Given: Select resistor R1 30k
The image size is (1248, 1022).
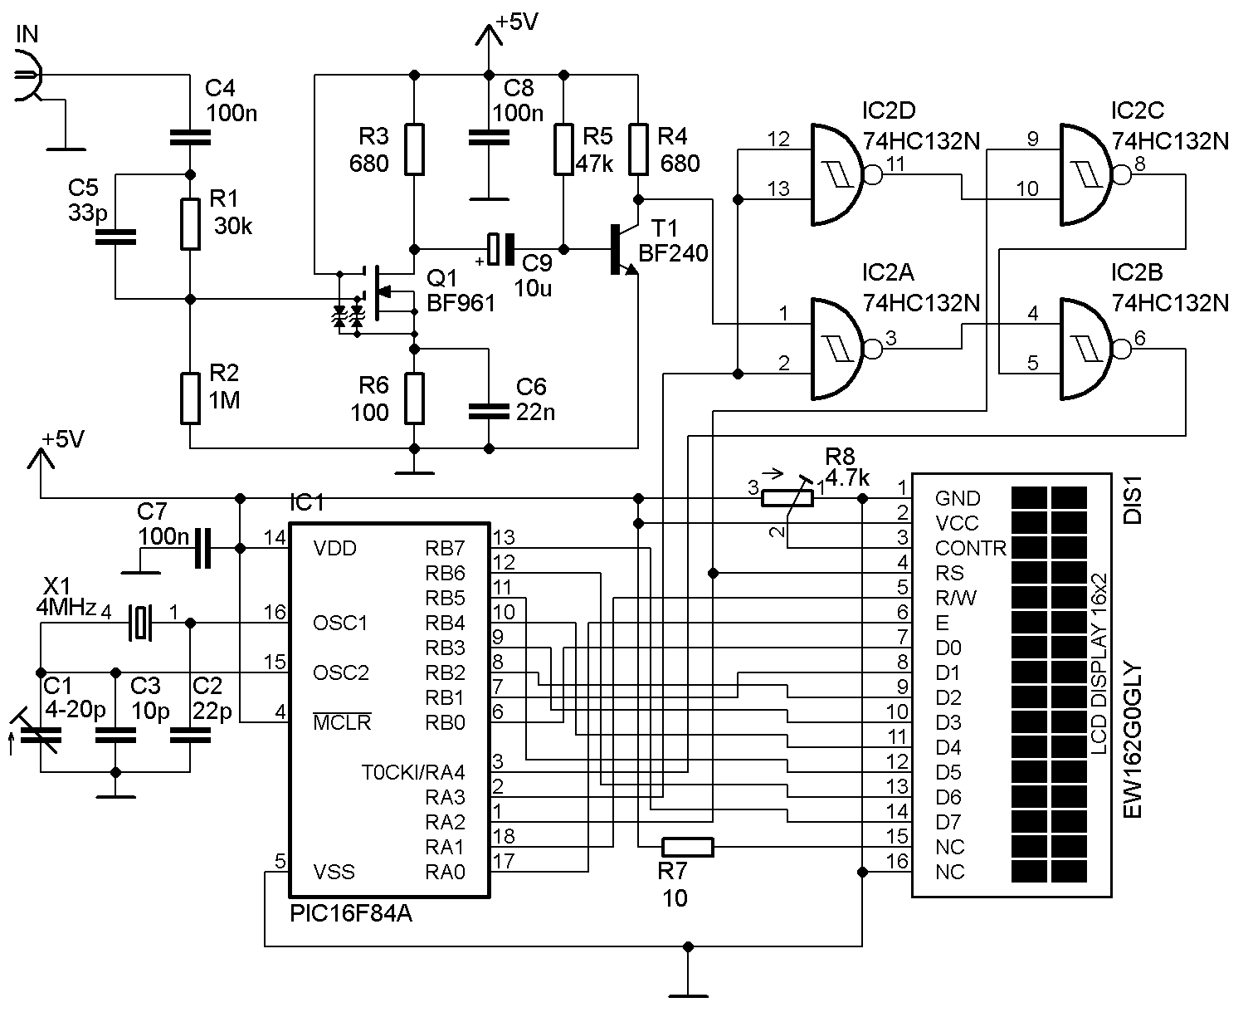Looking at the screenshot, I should (190, 224).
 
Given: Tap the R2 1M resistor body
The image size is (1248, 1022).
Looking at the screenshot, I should (190, 399).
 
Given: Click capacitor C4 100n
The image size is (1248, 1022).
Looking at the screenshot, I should (190, 137).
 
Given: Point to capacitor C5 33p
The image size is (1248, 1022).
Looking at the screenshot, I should (115, 237).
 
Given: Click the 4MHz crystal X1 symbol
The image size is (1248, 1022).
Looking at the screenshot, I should (140, 623).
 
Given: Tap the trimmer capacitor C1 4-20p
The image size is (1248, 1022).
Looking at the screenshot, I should (40, 734).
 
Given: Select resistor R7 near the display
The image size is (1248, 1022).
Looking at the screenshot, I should (688, 847).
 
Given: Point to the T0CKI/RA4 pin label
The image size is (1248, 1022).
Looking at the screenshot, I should (412, 773).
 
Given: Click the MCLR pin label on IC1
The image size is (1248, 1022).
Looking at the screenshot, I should (341, 722).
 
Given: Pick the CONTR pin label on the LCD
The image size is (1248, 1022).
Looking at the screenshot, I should (970, 549).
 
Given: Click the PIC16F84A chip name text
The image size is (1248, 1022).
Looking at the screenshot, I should (351, 915).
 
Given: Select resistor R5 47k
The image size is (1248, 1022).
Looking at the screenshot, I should (563, 149).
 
